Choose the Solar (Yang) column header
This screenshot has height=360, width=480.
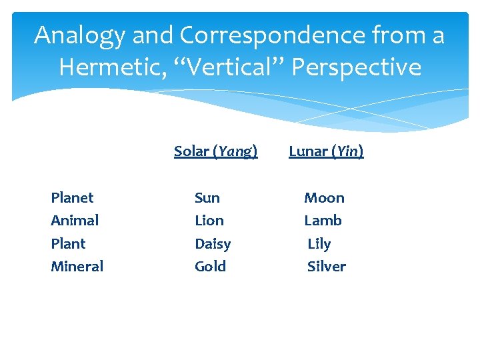[x=215, y=151]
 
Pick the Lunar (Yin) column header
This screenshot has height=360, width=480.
[x=326, y=151]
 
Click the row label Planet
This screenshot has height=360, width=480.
[x=72, y=198]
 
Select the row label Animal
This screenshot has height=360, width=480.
[x=75, y=221]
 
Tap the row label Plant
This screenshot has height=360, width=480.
[x=68, y=243]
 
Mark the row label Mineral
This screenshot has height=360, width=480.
[x=77, y=267]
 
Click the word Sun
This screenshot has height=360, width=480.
[x=207, y=198]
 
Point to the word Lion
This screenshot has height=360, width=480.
[x=209, y=221]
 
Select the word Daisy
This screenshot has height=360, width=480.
[x=213, y=244]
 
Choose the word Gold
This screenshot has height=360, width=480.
[x=210, y=267]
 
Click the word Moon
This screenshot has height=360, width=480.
[x=324, y=198]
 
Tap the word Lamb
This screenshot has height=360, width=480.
[x=323, y=221]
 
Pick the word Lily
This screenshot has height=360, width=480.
[x=319, y=244]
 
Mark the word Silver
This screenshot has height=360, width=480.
[x=327, y=267]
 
